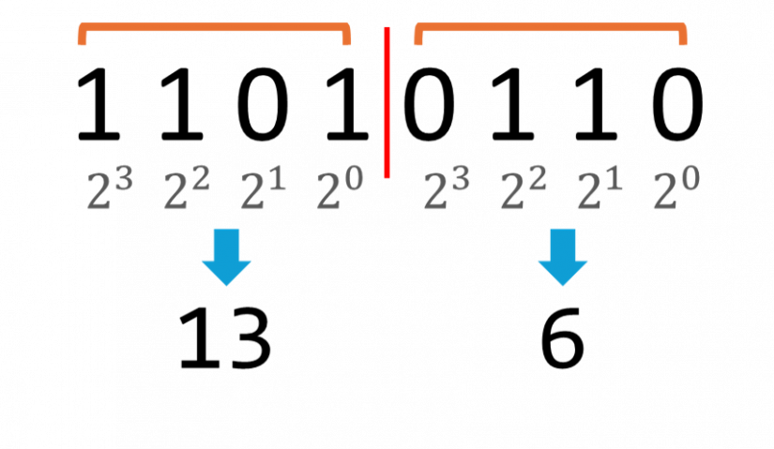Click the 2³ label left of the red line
point(109,190)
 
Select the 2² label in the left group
point(186,190)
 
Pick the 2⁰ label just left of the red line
point(339,190)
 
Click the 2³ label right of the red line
point(446,190)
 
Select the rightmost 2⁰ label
point(675,190)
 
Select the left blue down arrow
point(226,256)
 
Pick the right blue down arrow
point(563,256)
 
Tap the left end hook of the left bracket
point(82,38)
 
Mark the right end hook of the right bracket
point(683,38)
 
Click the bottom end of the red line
point(387,174)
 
